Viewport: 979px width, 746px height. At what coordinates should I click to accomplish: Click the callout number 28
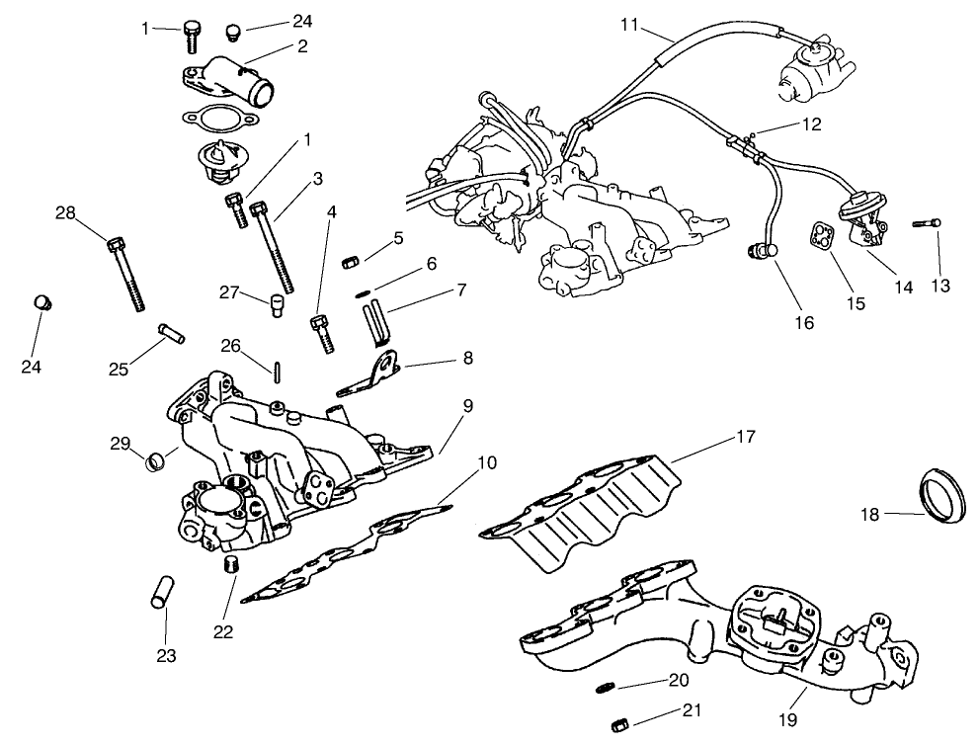tap(65, 212)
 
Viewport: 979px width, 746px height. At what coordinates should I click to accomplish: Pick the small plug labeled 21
tap(620, 726)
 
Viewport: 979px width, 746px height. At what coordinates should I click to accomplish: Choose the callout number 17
tap(746, 436)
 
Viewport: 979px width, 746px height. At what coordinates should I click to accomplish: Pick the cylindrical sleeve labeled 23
tap(163, 590)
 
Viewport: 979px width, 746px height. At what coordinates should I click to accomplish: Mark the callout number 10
tap(486, 463)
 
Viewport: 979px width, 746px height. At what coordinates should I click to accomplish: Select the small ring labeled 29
tap(155, 460)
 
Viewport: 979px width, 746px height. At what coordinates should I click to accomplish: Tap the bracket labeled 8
tap(375, 373)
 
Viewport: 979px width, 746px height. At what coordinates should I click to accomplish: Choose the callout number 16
tap(806, 323)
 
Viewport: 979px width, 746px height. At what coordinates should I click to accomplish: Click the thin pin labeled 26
tap(279, 370)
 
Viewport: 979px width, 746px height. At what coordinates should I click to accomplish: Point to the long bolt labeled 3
tap(276, 245)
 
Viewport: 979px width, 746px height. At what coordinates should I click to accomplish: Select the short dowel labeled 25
tap(172, 331)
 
